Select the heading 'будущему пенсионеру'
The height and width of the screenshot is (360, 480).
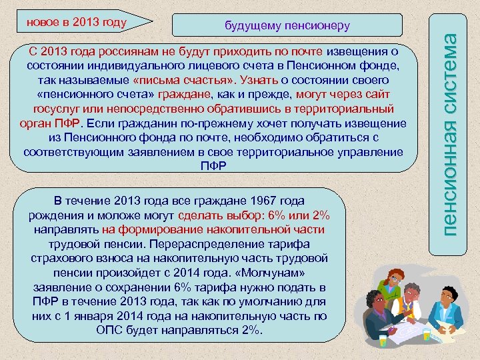287,25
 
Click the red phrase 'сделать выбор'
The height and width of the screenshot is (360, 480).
211,215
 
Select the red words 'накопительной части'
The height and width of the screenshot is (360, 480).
273,229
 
